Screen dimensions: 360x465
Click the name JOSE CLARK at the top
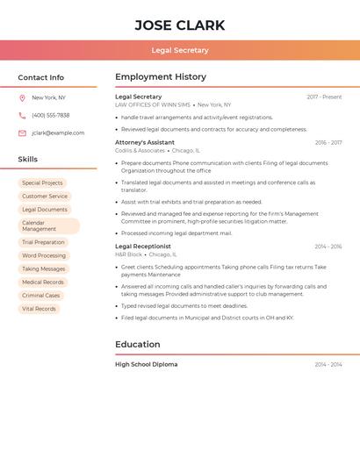point(180,25)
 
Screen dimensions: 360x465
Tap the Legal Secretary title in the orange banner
point(180,50)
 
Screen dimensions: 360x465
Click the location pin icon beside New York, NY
point(22,97)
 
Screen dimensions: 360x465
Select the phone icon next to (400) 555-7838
point(22,115)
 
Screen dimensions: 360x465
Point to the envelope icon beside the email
point(22,133)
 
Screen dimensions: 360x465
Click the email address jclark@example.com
point(58,133)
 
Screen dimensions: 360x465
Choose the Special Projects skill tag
point(42,183)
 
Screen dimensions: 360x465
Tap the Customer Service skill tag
point(45,197)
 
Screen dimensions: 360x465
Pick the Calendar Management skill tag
point(48,226)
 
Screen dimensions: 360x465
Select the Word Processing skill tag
point(44,255)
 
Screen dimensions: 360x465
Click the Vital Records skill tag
point(39,309)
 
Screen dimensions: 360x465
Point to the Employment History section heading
point(161,77)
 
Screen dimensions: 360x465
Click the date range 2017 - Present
point(324,97)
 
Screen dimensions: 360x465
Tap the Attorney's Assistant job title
point(145,142)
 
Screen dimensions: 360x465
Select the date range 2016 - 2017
point(328,142)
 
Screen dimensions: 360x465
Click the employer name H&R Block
point(128,254)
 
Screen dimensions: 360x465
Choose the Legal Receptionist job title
point(143,247)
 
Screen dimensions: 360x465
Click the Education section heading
point(138,345)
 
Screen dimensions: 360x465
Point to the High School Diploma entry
point(147,364)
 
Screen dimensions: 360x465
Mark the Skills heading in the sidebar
point(28,160)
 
